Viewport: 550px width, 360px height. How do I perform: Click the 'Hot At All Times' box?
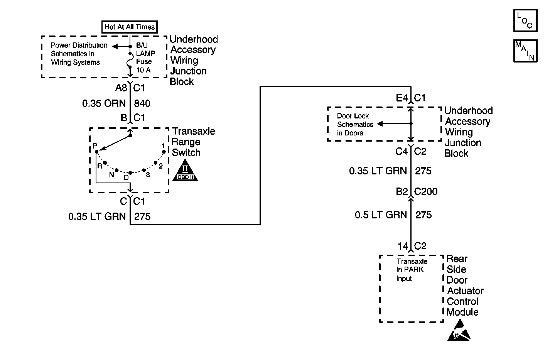(129, 27)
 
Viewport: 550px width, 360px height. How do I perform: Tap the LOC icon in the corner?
(525, 21)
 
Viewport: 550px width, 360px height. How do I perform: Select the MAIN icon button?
(525, 51)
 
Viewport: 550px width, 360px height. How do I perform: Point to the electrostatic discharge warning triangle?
(459, 331)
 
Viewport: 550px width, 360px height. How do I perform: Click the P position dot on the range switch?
(96, 152)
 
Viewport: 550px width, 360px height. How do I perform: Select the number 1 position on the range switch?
(164, 146)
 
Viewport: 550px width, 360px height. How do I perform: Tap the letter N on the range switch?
(111, 174)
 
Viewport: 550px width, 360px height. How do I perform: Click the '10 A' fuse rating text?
(143, 70)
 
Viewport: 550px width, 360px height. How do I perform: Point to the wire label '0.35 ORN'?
(104, 103)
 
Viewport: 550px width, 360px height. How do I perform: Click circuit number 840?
(142, 103)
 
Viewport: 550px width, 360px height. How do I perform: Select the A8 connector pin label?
(121, 88)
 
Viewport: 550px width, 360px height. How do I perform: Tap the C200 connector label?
(426, 192)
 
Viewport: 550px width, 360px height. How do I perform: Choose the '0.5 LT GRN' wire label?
(381, 215)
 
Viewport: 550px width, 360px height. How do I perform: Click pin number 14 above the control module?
(403, 246)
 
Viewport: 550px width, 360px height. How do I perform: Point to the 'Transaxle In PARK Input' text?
(412, 270)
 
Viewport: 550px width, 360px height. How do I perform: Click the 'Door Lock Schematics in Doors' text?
(355, 124)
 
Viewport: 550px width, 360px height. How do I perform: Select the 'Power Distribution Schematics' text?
(79, 54)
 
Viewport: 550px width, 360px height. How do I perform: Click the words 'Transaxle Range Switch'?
(193, 142)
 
